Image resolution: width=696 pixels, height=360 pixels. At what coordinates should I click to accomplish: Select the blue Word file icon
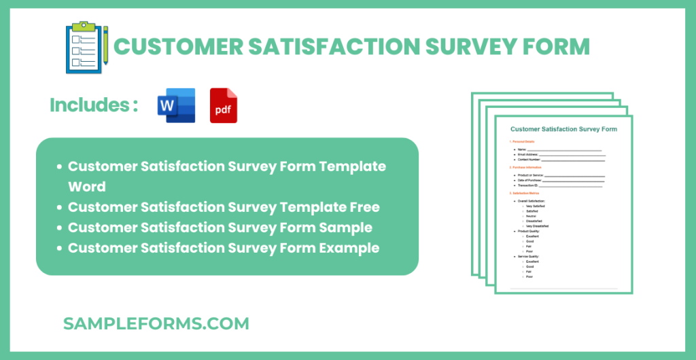click(x=176, y=105)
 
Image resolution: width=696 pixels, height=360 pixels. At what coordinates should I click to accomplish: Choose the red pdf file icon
click(x=224, y=105)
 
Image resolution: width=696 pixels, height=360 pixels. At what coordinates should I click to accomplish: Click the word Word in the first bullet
click(x=87, y=187)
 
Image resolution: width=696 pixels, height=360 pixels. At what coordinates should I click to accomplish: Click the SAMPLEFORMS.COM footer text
click(x=156, y=324)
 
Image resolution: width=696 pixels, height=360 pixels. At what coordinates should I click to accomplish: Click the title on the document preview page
click(x=563, y=128)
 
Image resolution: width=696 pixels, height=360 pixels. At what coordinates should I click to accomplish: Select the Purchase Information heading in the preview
click(x=534, y=166)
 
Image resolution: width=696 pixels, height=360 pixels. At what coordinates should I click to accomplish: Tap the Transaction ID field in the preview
click(x=530, y=185)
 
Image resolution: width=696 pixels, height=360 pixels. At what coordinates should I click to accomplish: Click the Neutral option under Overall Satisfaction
click(x=532, y=216)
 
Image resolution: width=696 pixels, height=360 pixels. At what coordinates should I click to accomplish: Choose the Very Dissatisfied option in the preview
click(x=537, y=226)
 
